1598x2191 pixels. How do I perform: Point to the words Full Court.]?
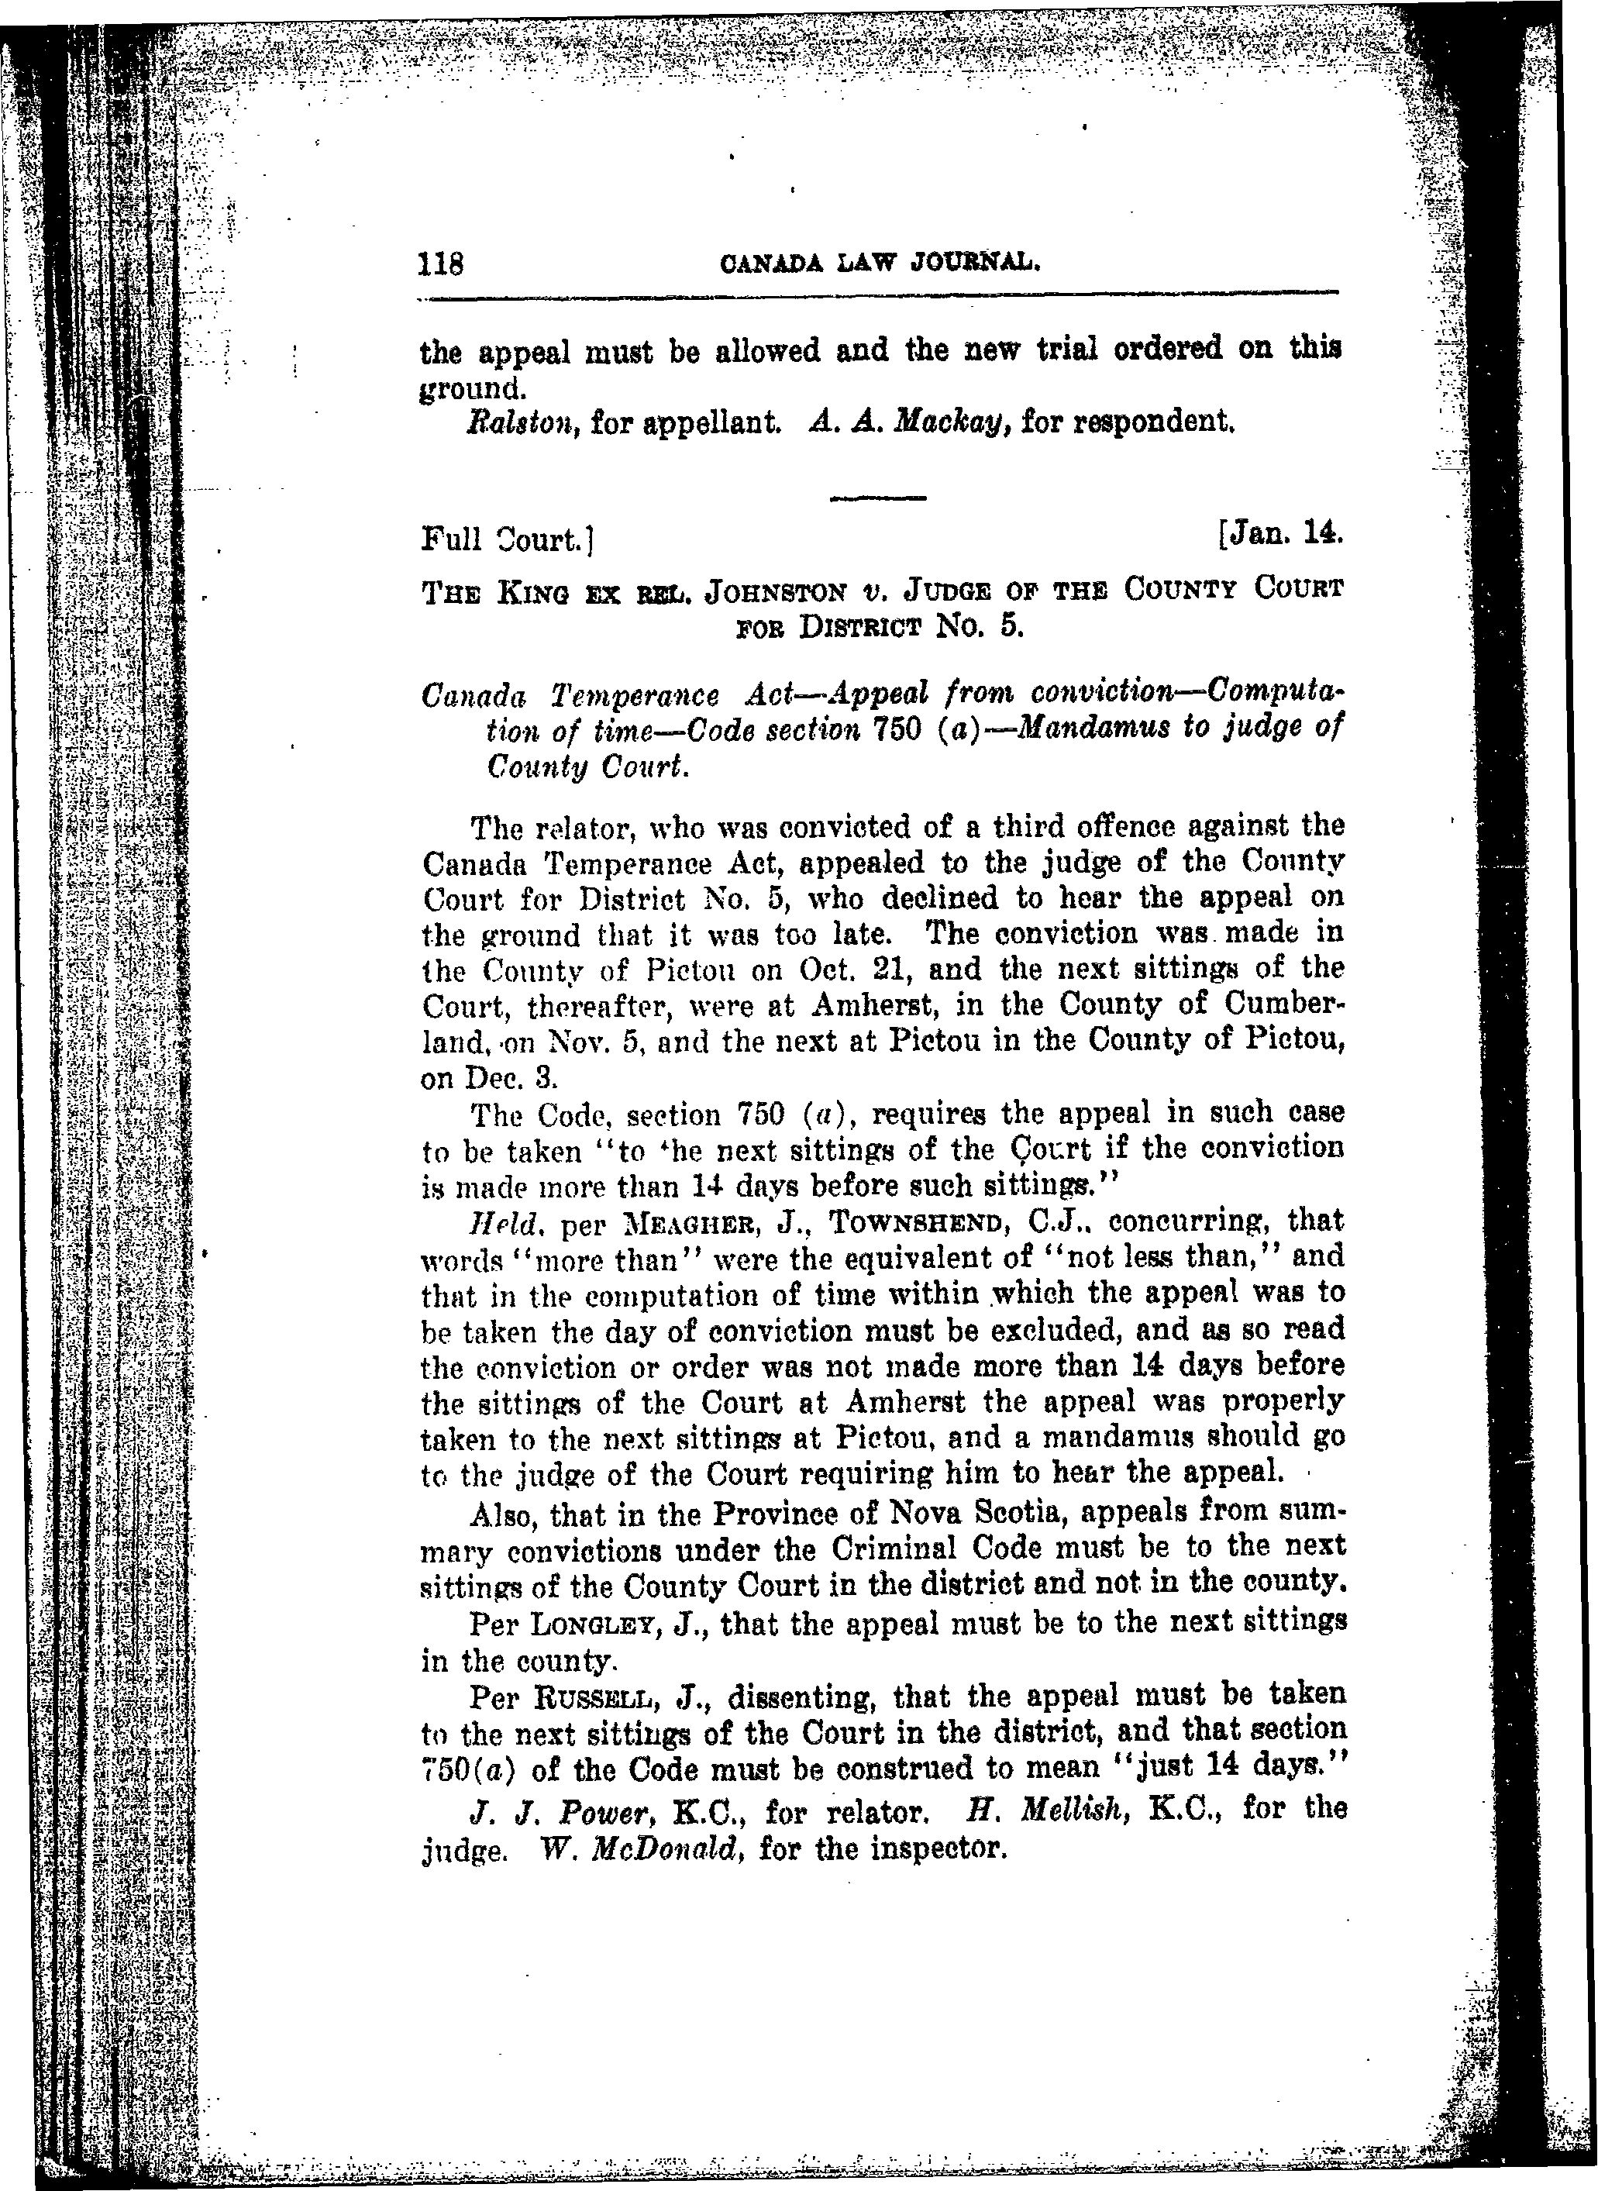point(507,538)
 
